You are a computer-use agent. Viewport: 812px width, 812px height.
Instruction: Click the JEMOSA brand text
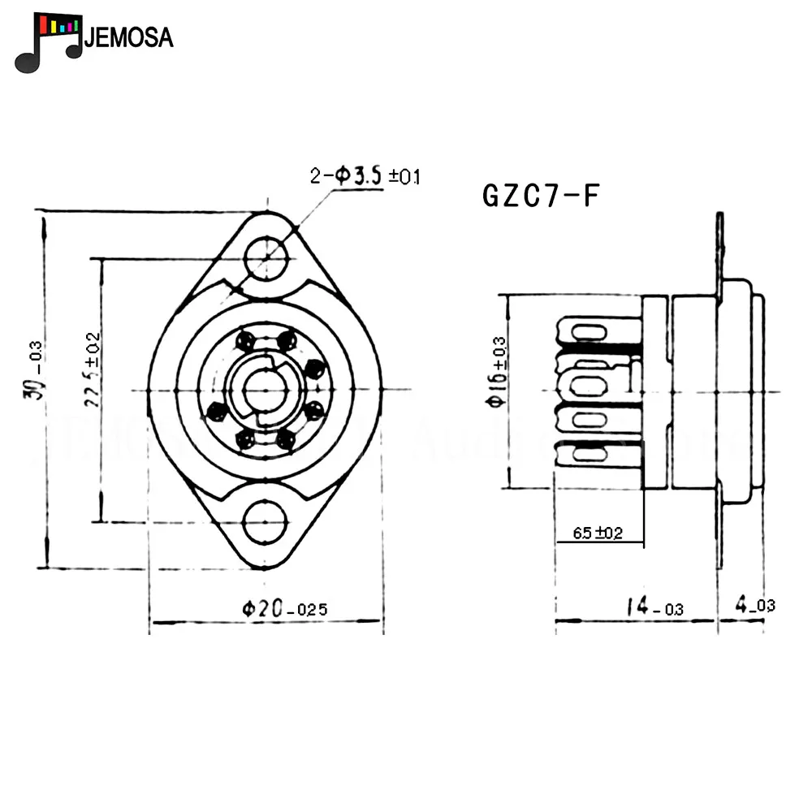point(129,37)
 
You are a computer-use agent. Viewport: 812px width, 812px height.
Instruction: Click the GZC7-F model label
point(541,196)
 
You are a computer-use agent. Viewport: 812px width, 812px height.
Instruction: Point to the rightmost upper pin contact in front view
point(313,368)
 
